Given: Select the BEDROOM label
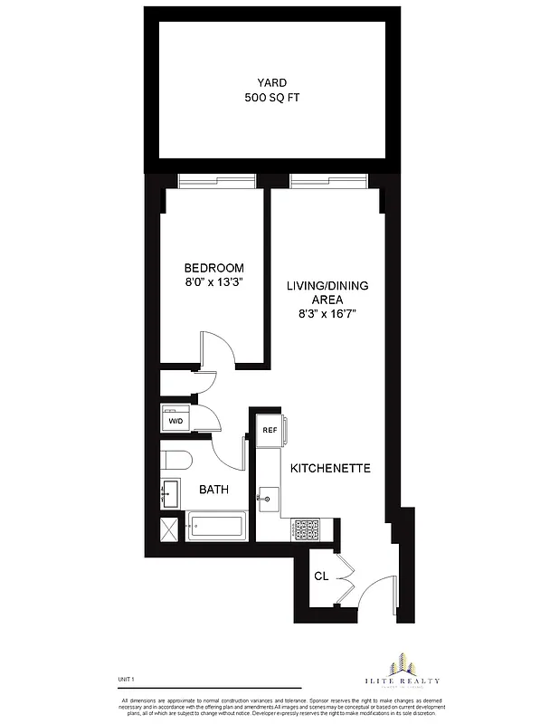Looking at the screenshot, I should pyautogui.click(x=213, y=268).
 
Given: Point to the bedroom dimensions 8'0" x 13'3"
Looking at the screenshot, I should pyautogui.click(x=213, y=282).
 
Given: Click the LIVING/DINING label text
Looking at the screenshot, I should pyautogui.click(x=327, y=286).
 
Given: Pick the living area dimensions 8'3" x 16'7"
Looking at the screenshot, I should pyautogui.click(x=327, y=315).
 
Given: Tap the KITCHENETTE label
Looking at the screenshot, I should pyautogui.click(x=331, y=470).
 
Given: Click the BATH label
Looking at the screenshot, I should pyautogui.click(x=213, y=490).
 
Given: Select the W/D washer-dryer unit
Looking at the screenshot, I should pyautogui.click(x=175, y=421).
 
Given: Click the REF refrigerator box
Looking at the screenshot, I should pyautogui.click(x=270, y=431).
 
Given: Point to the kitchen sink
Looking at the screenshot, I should pyautogui.click(x=269, y=498).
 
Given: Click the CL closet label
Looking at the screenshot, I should pyautogui.click(x=320, y=576).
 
